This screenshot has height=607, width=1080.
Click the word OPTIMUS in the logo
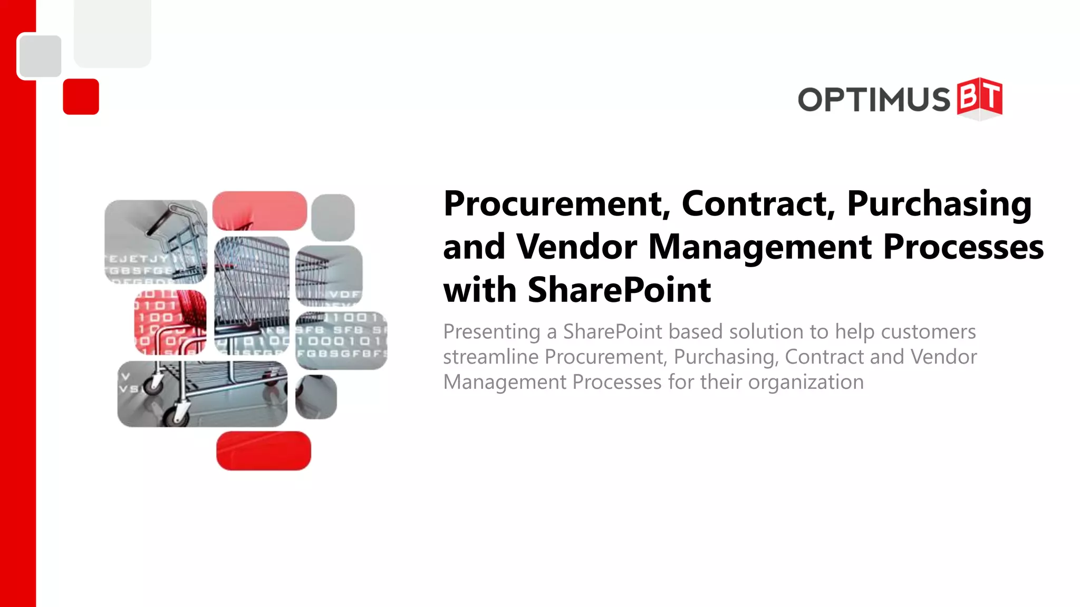point(874,99)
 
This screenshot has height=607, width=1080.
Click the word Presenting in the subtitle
point(491,332)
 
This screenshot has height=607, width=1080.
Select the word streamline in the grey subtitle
point(490,357)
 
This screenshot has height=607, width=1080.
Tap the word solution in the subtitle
point(765,332)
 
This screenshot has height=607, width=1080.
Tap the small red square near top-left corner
point(81,96)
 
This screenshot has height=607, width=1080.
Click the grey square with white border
point(40,56)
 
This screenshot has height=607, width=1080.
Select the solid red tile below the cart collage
point(264,451)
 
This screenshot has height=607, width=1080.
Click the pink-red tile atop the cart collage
point(259,210)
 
